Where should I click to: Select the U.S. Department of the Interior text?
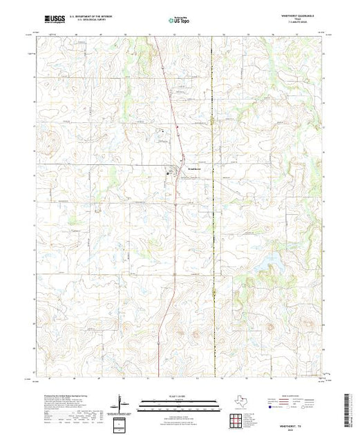(x=100, y=16)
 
